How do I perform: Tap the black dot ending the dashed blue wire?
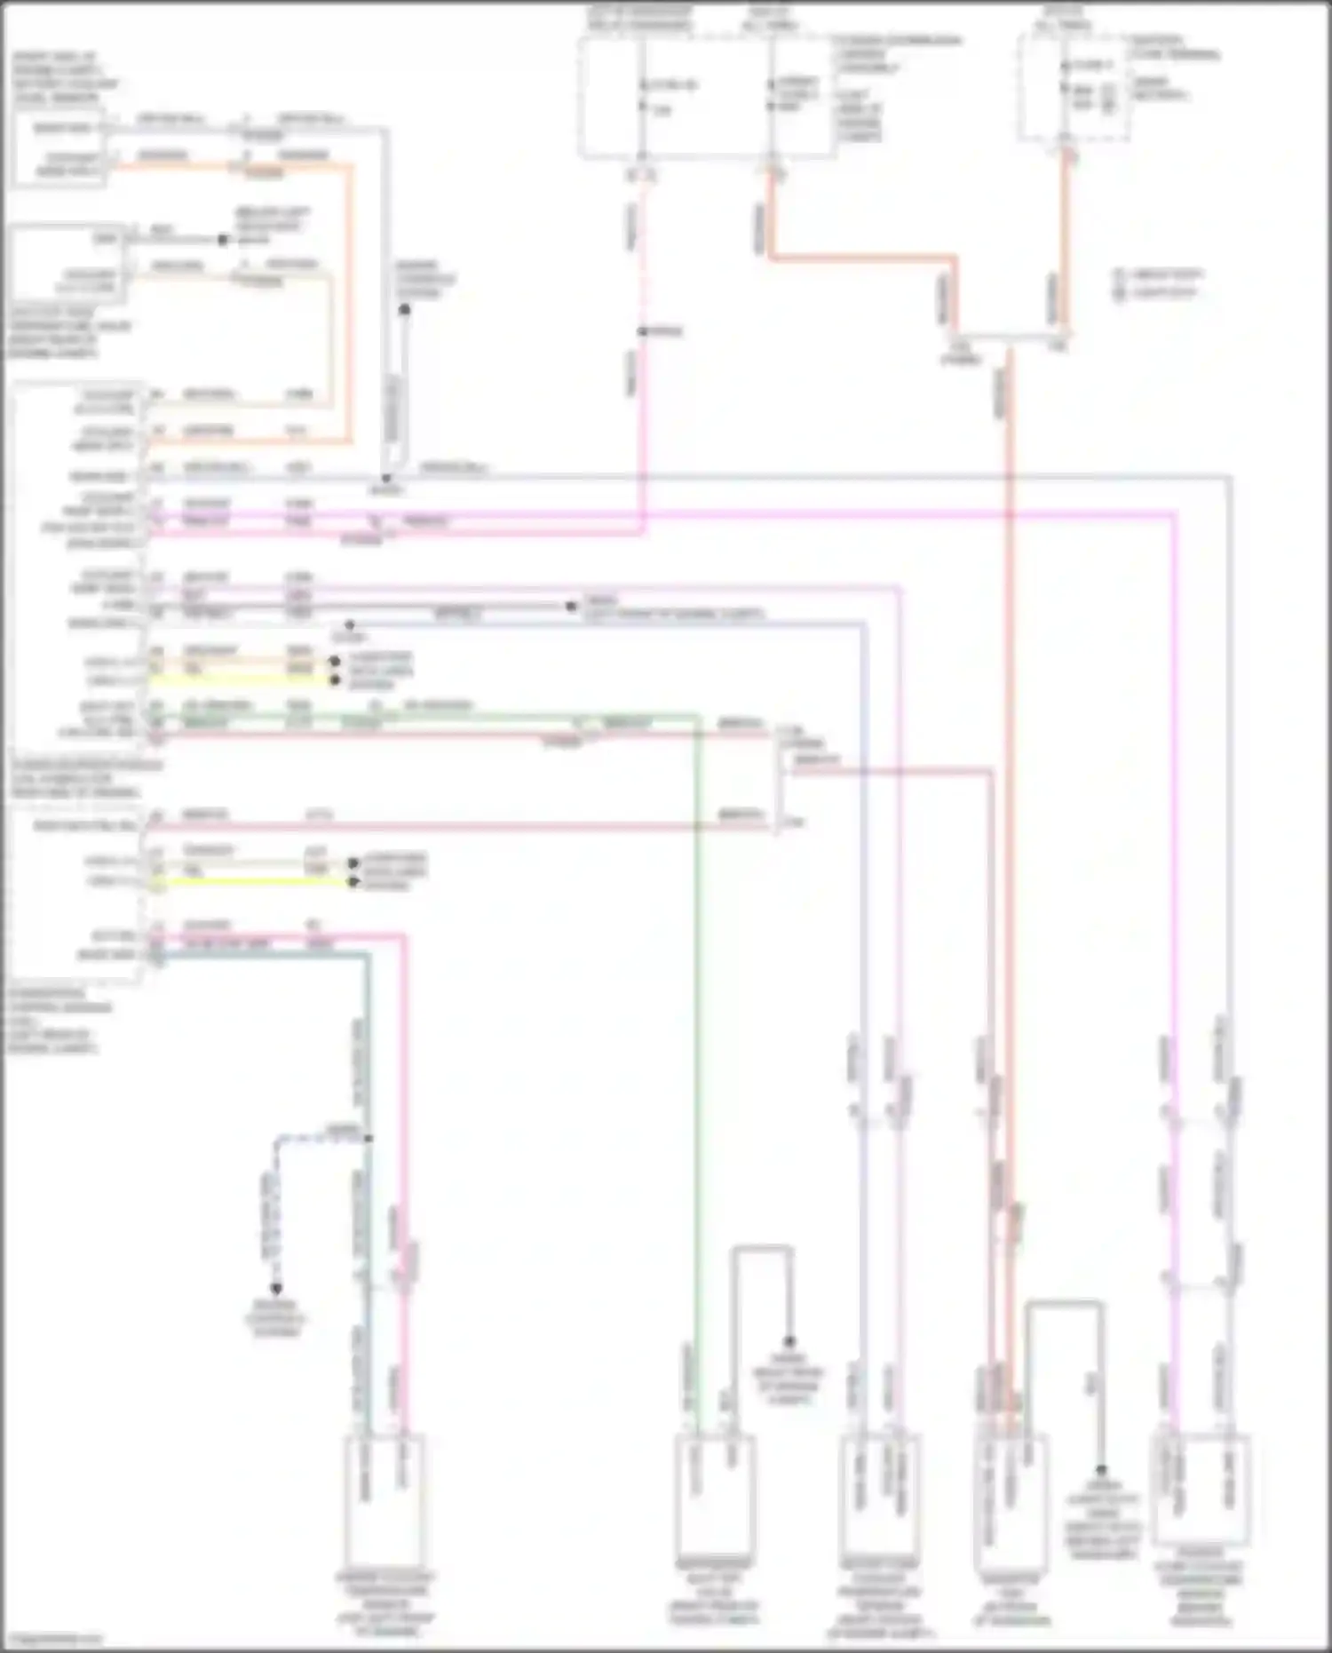point(276,1289)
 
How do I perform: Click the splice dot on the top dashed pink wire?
point(642,332)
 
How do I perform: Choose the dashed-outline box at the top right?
point(1074,89)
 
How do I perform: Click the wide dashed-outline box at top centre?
point(706,98)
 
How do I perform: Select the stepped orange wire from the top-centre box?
point(861,258)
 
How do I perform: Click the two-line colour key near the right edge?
point(1159,283)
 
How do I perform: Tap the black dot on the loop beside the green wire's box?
point(789,1341)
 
